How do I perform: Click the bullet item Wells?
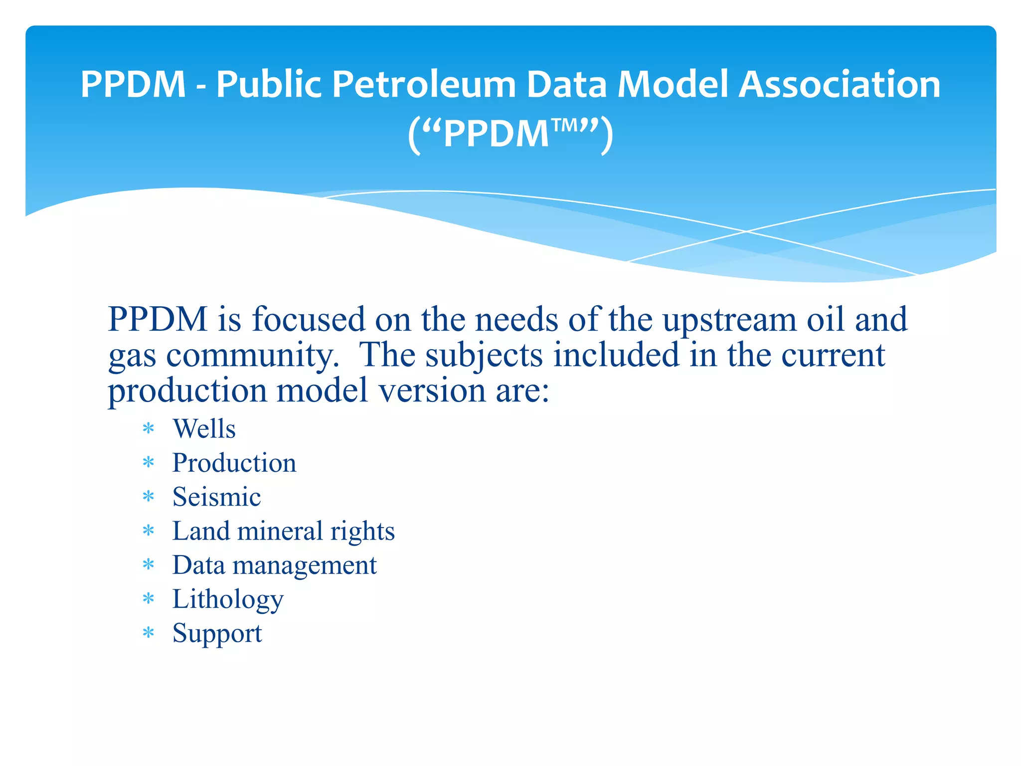204,428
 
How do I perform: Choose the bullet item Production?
234,463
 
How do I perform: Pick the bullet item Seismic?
216,497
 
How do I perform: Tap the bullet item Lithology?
228,599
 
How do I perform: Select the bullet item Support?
217,633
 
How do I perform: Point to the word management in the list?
305,566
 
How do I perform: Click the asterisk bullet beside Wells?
149,429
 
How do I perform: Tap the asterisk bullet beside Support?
149,633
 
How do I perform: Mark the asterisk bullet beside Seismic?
149,497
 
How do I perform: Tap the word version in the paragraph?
432,390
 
